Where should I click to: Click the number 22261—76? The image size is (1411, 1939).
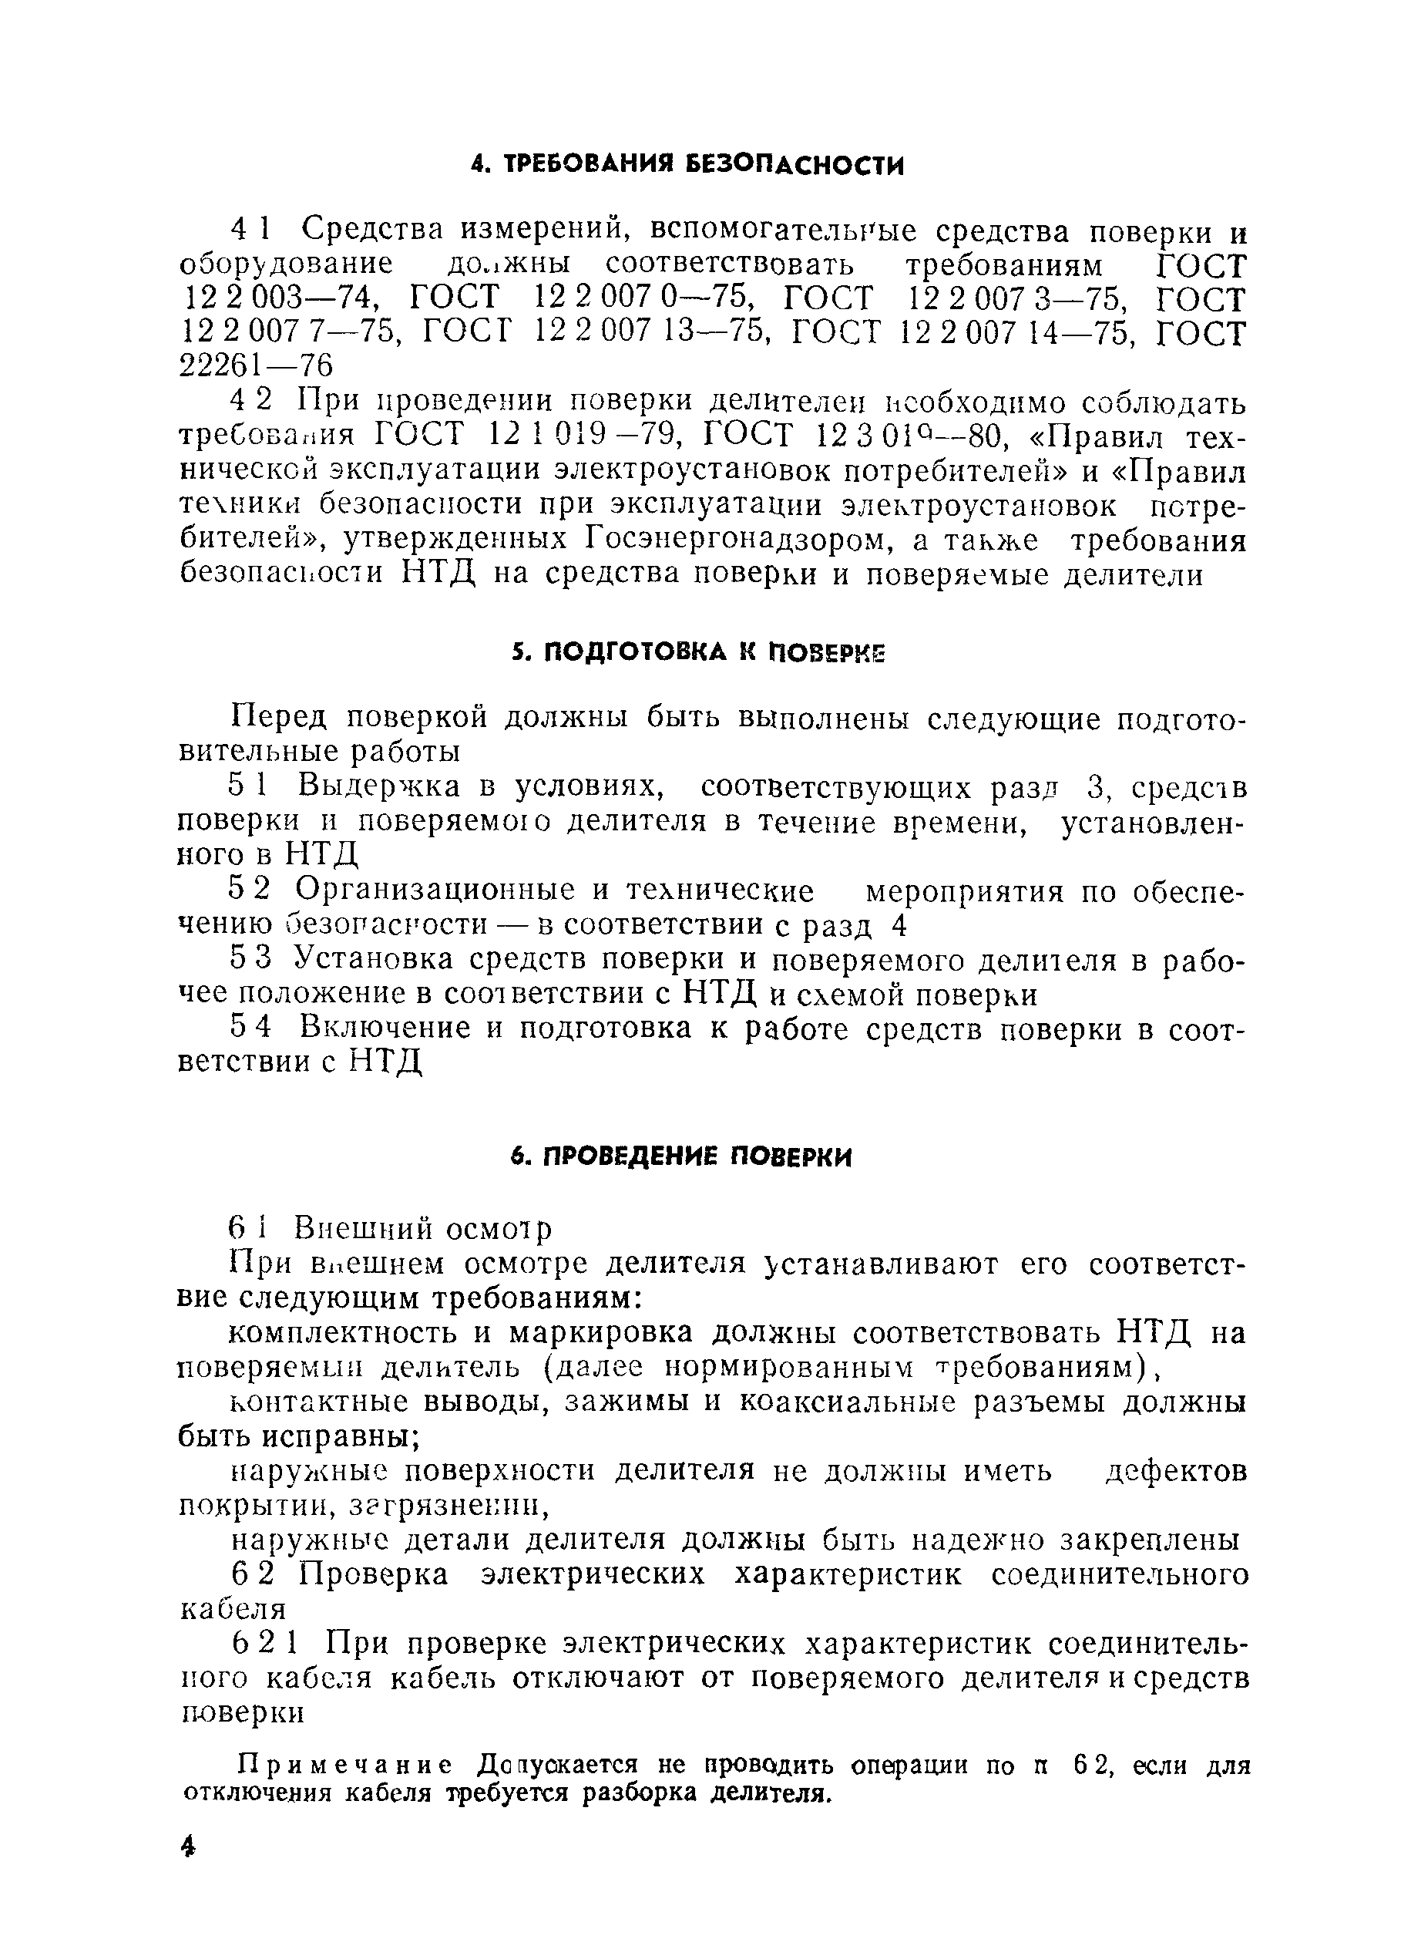pyautogui.click(x=256, y=366)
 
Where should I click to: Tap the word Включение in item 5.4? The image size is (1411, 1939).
pyautogui.click(x=385, y=1027)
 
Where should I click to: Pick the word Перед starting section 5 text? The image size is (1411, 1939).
pyautogui.click(x=281, y=716)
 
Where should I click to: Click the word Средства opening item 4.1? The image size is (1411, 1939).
pyautogui.click(x=373, y=230)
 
